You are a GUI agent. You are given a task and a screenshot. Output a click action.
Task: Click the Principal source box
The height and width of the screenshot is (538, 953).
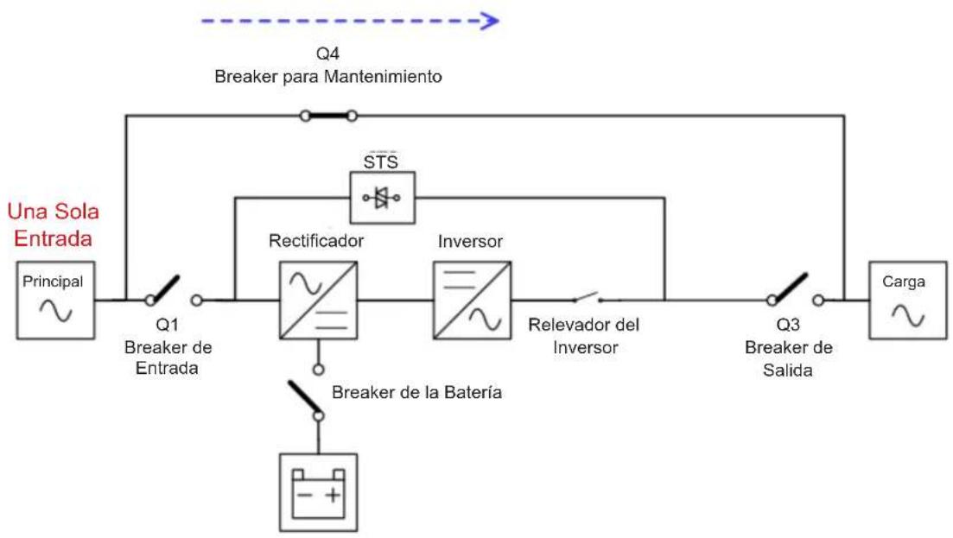pos(55,300)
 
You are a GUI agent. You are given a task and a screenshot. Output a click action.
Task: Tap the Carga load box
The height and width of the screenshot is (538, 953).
pos(908,300)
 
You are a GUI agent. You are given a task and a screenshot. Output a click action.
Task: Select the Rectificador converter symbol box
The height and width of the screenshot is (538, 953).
pos(319,300)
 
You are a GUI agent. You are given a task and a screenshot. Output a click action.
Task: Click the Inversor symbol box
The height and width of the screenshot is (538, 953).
pos(473,300)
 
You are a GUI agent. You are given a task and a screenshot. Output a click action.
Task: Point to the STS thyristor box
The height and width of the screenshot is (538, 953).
pos(383,198)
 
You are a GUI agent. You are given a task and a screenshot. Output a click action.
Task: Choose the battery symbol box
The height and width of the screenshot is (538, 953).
pos(319,492)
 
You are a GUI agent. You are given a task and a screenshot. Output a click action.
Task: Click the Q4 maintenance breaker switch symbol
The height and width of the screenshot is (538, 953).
pos(328,116)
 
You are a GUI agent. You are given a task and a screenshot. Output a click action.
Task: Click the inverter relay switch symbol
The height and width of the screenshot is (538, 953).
pos(588,298)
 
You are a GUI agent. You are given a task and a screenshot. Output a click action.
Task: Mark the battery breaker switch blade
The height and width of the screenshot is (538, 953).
pos(304,396)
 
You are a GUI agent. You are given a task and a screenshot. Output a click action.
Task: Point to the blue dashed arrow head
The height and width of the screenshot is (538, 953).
pos(490,22)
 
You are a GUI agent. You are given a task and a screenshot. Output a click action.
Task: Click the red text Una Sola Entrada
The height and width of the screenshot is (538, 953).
pos(53,225)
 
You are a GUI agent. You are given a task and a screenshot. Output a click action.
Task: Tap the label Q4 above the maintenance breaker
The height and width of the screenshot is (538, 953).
pos(327,54)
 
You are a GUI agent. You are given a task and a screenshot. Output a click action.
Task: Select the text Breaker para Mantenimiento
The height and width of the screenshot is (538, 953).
pos(328,77)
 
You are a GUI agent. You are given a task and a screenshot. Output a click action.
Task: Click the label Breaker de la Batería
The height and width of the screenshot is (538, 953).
pos(417,392)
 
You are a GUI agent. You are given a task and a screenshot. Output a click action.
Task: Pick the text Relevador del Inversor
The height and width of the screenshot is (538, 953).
pos(584,336)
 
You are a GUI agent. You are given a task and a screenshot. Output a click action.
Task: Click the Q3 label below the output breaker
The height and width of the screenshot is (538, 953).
pos(788,324)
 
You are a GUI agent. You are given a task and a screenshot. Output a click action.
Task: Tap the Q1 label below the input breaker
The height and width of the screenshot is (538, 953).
pos(167,324)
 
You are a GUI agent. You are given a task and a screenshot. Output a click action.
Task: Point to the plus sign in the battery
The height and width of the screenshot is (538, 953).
pos(333,496)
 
